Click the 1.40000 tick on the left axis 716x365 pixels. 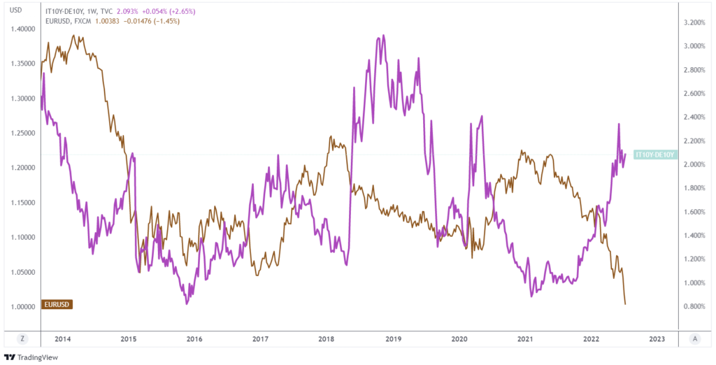(22, 29)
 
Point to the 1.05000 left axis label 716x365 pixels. (22, 272)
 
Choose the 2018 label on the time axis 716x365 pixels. (326, 339)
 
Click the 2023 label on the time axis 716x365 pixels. (657, 339)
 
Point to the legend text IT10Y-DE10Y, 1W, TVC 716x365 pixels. (77, 12)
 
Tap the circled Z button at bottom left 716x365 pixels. (22, 338)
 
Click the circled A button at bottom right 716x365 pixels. (694, 338)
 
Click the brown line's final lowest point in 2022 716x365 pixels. (624, 303)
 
